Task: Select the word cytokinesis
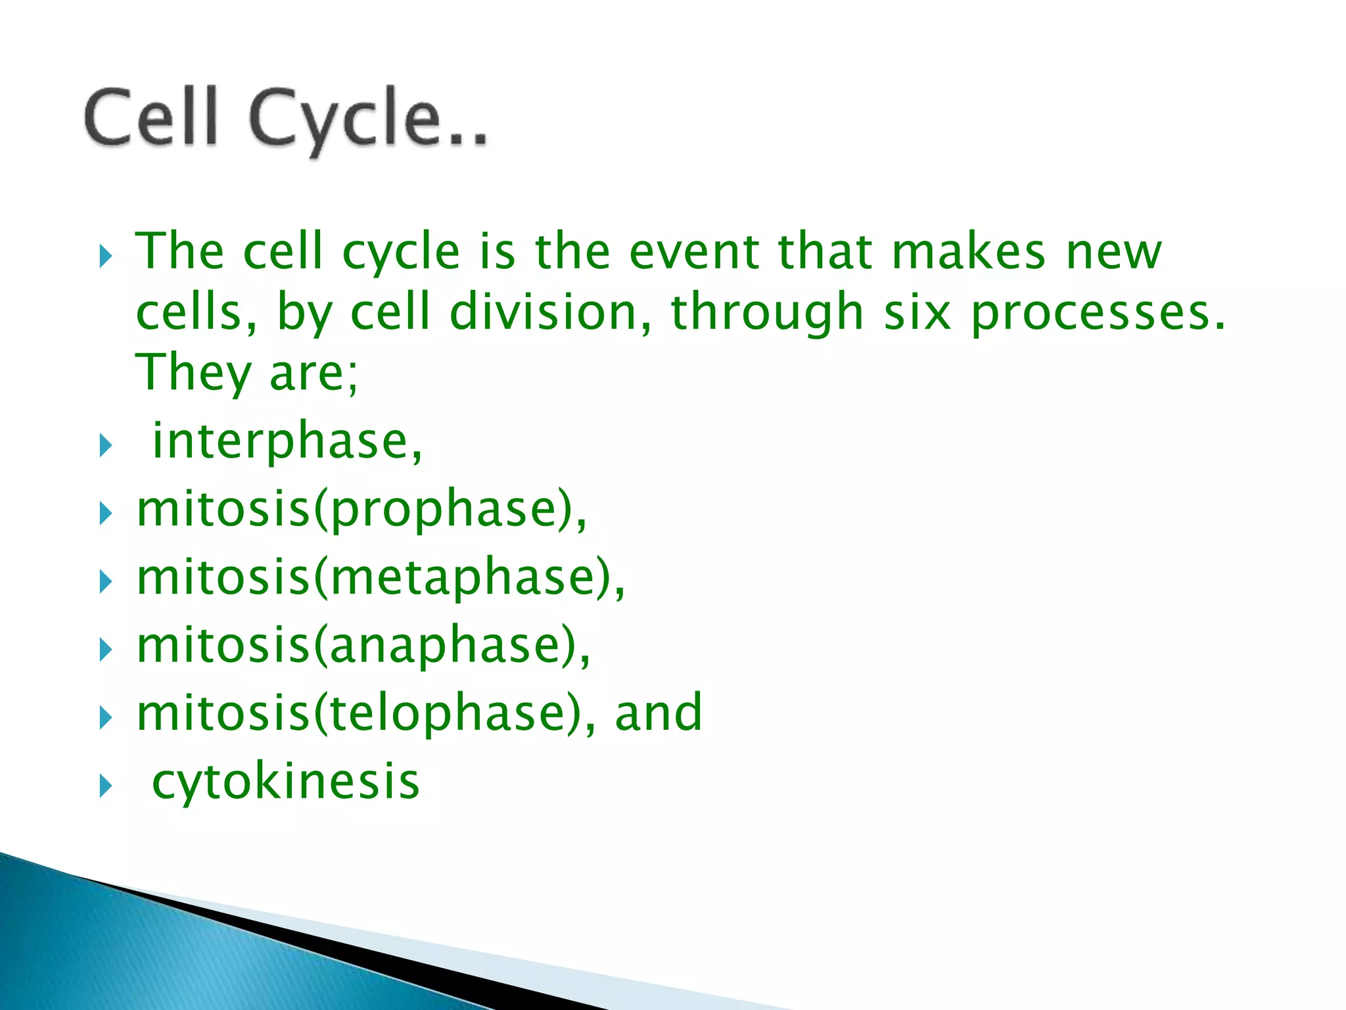click(x=286, y=781)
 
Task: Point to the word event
click(x=695, y=252)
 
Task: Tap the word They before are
click(x=193, y=373)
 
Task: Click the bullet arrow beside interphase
click(x=106, y=446)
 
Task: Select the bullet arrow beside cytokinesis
click(x=106, y=786)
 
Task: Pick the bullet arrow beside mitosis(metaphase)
click(x=106, y=582)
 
